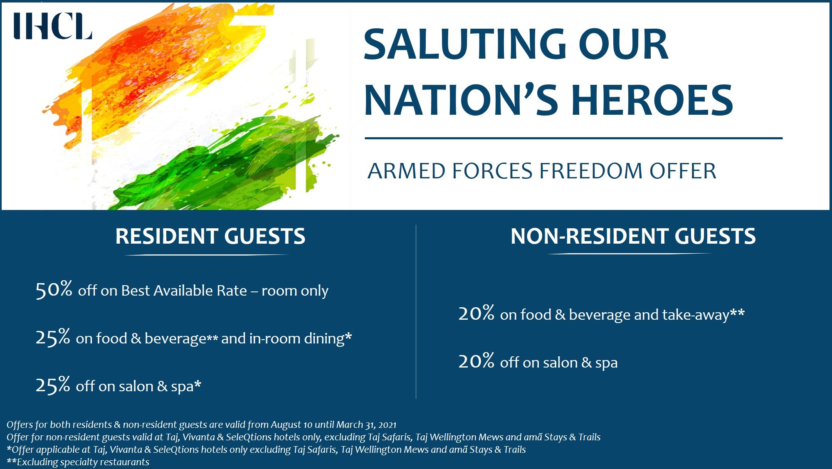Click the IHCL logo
pos(52,26)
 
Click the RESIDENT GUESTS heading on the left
pos(210,236)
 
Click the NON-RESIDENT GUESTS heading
pos(632,236)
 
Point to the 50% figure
pos(54,289)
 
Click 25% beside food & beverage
pos(53,337)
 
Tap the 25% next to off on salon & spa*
pos(53,385)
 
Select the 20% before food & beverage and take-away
pos(476,313)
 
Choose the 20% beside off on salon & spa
pos(476,361)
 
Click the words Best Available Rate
pos(184,291)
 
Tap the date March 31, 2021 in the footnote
pos(366,425)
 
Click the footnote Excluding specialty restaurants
pos(82,462)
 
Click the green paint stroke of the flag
pos(233,162)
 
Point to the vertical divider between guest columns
pos(416,312)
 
